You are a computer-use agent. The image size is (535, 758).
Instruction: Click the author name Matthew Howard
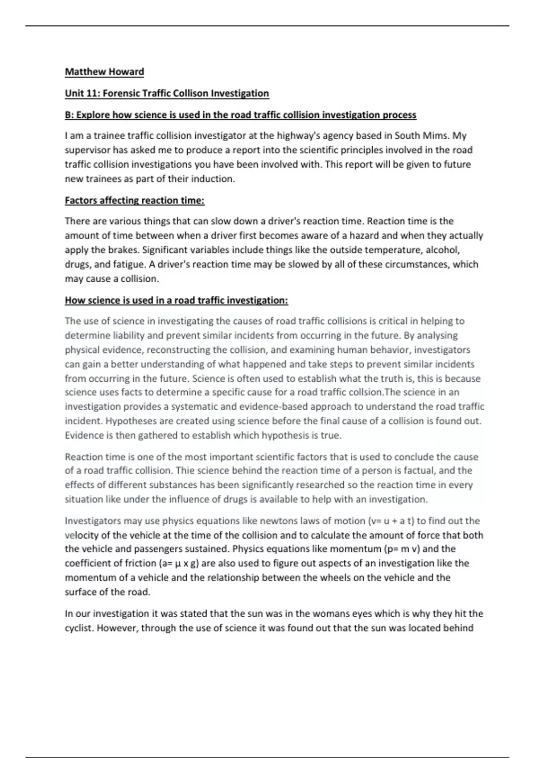[104, 72]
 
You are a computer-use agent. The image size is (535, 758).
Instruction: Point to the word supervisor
[86, 150]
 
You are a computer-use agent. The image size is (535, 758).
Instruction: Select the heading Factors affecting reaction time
[135, 201]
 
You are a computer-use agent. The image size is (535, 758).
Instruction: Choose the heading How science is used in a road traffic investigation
[176, 301]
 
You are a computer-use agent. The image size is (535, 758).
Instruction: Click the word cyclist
[79, 628]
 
